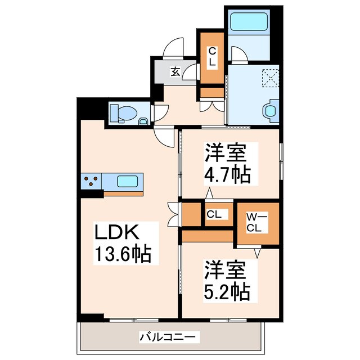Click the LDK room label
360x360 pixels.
[x=116, y=232]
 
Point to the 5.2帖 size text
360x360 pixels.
[x=228, y=291]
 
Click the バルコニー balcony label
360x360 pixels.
[x=168, y=337]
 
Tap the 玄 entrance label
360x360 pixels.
[x=175, y=71]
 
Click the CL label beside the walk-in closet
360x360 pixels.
[x=213, y=214]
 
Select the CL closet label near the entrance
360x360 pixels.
[x=212, y=56]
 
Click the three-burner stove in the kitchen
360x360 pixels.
[x=91, y=181]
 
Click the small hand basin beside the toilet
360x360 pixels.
[x=143, y=120]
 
